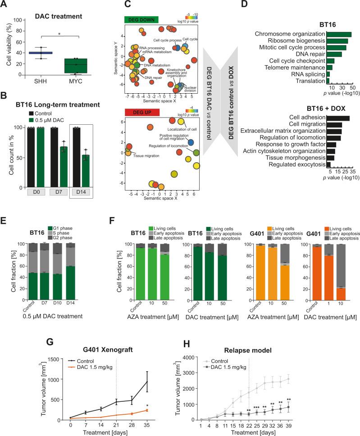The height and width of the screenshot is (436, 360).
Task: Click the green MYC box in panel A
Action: (x=80, y=66)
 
